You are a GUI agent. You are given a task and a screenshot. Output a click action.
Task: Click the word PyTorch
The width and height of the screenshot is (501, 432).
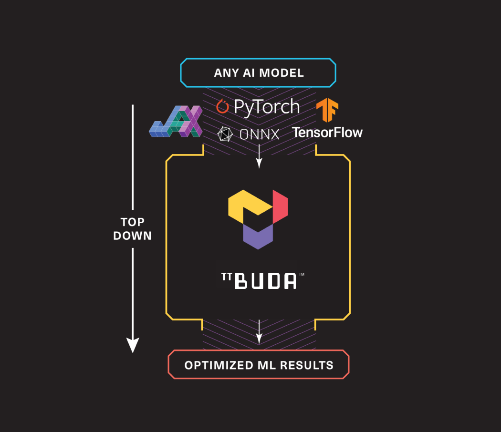266,107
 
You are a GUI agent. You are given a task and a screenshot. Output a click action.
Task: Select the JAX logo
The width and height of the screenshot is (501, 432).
176,123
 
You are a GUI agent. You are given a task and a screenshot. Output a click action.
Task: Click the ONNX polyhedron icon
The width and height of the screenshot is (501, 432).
225,134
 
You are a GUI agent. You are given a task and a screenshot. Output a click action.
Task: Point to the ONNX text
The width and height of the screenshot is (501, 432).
259,134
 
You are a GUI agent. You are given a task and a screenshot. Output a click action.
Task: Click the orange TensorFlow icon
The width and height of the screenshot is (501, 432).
327,110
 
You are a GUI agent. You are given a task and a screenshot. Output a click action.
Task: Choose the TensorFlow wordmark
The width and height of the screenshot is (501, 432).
327,132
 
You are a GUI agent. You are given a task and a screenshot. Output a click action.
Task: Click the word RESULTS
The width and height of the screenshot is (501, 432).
306,365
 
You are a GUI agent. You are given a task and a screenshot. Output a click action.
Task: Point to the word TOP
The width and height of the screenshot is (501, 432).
132,222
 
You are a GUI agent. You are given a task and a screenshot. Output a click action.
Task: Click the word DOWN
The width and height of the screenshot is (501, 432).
132,236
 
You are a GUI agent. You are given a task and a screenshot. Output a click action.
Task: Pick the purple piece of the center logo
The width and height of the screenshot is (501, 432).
258,236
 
